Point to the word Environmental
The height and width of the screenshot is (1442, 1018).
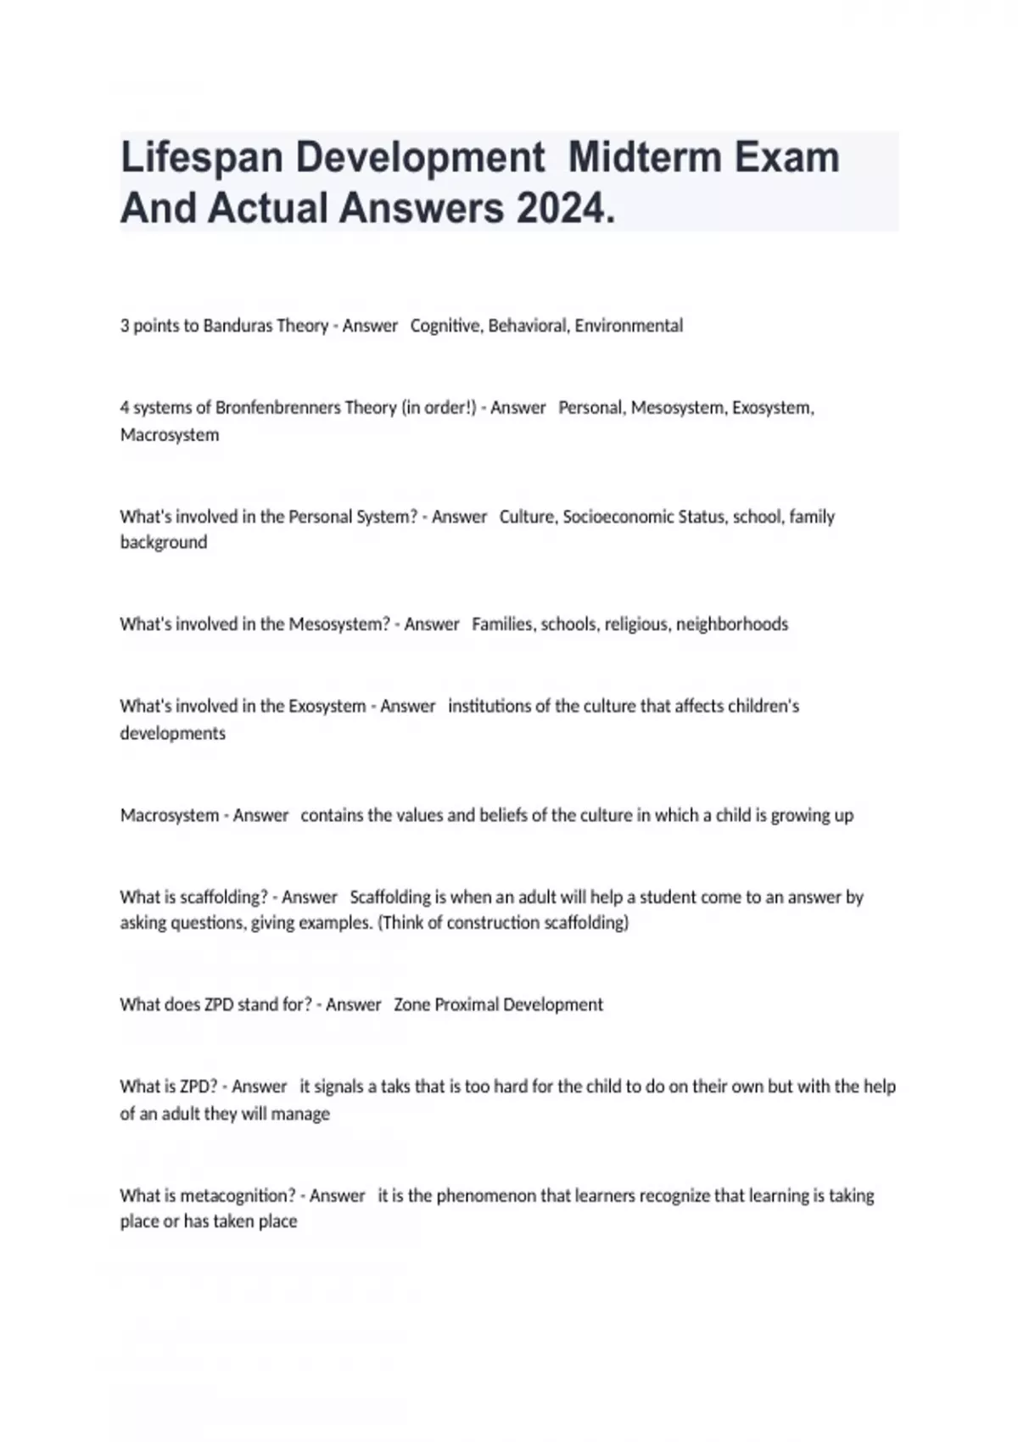pos(629,326)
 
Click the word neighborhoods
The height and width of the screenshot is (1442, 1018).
pos(732,624)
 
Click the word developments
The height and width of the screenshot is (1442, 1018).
pos(173,734)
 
